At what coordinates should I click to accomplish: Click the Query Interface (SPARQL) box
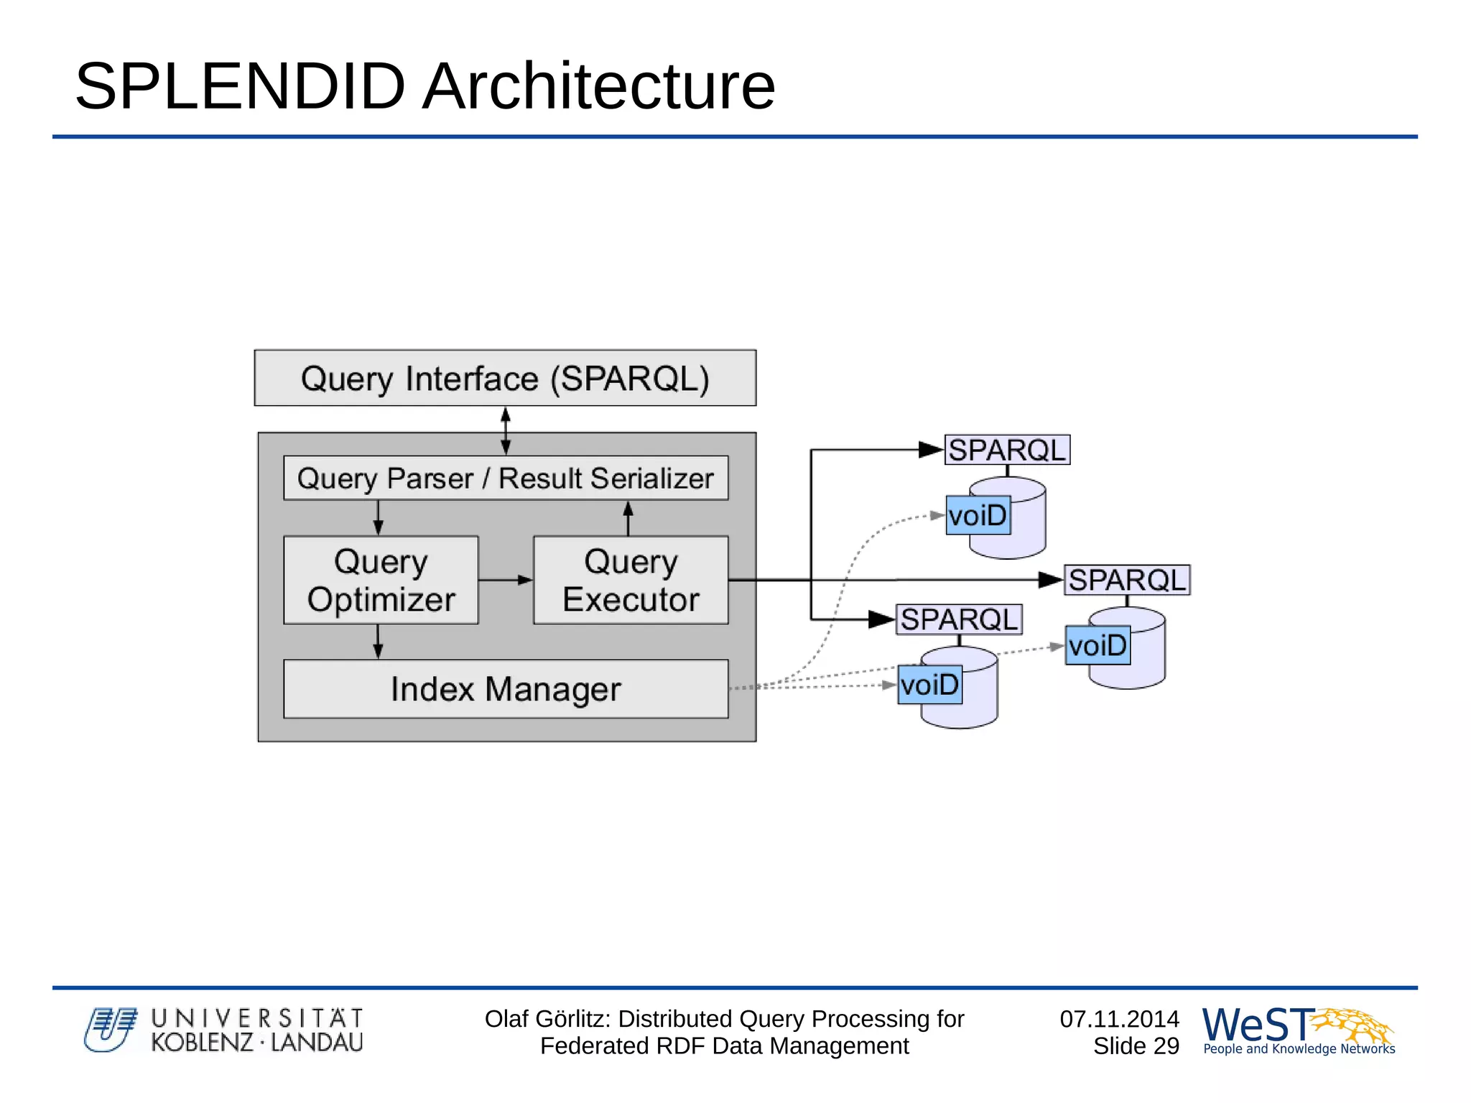[505, 378]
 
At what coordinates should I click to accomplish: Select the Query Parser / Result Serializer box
[505, 478]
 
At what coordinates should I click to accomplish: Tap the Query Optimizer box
[381, 580]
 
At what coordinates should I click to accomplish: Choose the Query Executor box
[630, 580]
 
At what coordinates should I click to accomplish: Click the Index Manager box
[505, 688]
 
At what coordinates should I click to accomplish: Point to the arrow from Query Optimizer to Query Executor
[505, 579]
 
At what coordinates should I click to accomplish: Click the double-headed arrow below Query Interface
[506, 430]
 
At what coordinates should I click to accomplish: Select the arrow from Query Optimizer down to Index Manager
[378, 641]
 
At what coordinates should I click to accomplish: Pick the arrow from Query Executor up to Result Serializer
[628, 518]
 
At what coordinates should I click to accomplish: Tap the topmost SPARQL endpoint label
[1006, 450]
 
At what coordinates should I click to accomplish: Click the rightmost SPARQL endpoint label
[1126, 580]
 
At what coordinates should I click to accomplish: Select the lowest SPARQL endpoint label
[959, 619]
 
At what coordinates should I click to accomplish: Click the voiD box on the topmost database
[978, 515]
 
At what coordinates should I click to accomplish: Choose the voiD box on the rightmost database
[1098, 645]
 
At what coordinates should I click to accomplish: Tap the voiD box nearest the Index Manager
[929, 684]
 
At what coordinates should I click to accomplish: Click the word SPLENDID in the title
[241, 86]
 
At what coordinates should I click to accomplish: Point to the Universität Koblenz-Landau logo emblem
[110, 1030]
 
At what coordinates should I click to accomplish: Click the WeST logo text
[1257, 1025]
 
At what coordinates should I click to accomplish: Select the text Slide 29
[1136, 1046]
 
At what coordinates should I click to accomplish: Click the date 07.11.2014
[1119, 1019]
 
